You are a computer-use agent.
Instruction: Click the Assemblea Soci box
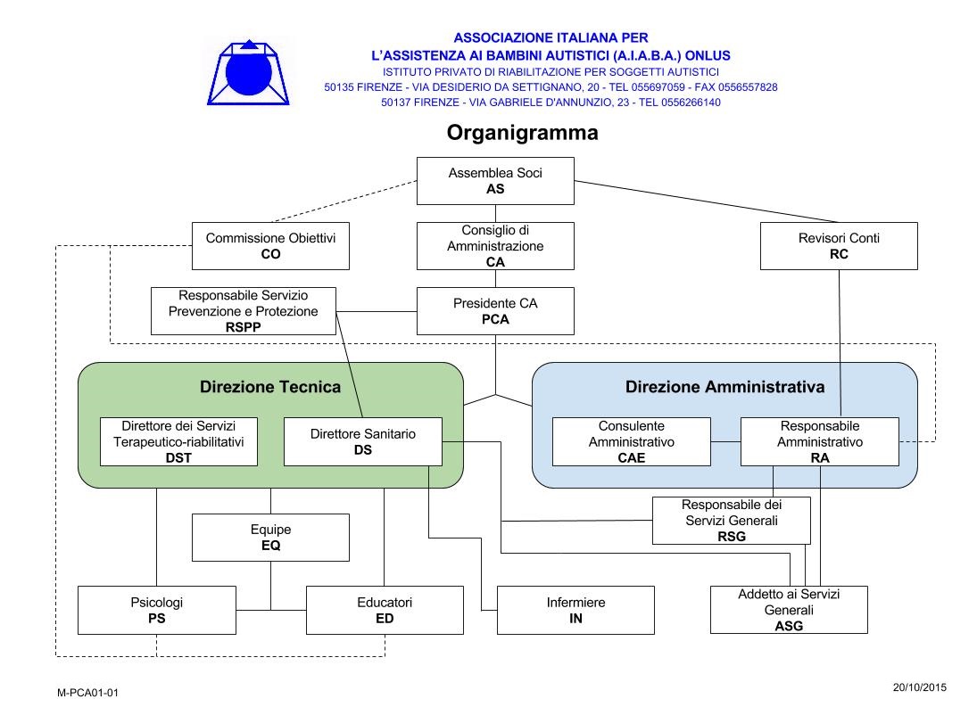point(495,181)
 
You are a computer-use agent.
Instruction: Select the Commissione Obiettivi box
point(270,246)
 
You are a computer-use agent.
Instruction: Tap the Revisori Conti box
point(839,246)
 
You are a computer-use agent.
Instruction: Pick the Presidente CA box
point(495,311)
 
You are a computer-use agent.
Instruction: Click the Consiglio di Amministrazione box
point(495,246)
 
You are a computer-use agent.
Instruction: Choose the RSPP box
point(244,311)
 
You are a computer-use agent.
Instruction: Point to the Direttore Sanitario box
point(362,442)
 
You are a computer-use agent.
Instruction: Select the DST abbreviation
point(178,458)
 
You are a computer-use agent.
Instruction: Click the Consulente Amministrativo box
point(631,442)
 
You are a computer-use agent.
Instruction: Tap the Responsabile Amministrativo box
point(820,442)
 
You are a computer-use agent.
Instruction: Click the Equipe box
point(270,538)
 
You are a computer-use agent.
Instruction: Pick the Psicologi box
point(157,610)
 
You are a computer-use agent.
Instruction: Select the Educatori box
point(385,610)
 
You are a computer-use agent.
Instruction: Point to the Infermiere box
point(575,610)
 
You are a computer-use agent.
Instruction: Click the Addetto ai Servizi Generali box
point(789,610)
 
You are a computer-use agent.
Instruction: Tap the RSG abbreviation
point(732,537)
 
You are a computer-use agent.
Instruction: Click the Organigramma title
point(522,133)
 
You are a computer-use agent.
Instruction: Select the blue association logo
point(249,72)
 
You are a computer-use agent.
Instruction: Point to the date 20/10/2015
point(920,687)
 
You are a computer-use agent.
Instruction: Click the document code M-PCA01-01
point(87,693)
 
